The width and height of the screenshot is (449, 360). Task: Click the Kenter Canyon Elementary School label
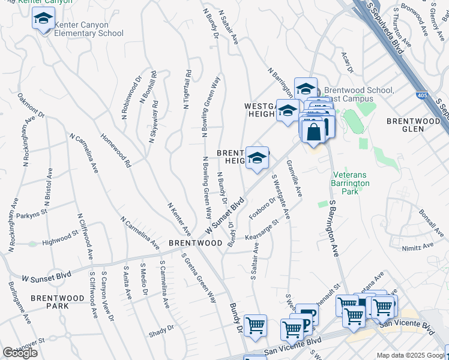coord(89,29)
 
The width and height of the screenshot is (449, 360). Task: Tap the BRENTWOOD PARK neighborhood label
coord(58,302)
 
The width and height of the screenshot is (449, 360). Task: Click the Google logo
coord(20,353)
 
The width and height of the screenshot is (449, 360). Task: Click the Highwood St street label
coord(61,242)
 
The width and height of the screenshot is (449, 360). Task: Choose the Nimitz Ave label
coord(418,246)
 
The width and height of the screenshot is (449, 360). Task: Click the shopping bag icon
coord(314,131)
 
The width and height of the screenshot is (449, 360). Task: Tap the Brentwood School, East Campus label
coord(358,94)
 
